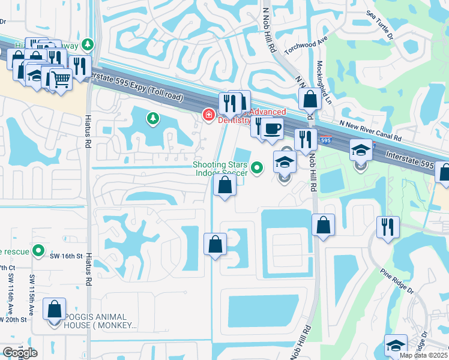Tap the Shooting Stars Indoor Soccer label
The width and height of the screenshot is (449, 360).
coord(220,169)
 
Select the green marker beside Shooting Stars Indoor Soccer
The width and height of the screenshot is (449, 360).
coord(258,168)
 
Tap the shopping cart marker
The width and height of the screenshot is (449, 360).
coord(61,79)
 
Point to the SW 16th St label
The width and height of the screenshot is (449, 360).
coord(65,256)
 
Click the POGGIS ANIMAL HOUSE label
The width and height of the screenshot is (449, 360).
coord(92,321)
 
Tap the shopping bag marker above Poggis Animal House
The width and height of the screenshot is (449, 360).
coord(55,309)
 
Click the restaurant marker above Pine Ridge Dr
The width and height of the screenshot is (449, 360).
coord(387,227)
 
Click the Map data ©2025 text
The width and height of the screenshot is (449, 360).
coord(423,355)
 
